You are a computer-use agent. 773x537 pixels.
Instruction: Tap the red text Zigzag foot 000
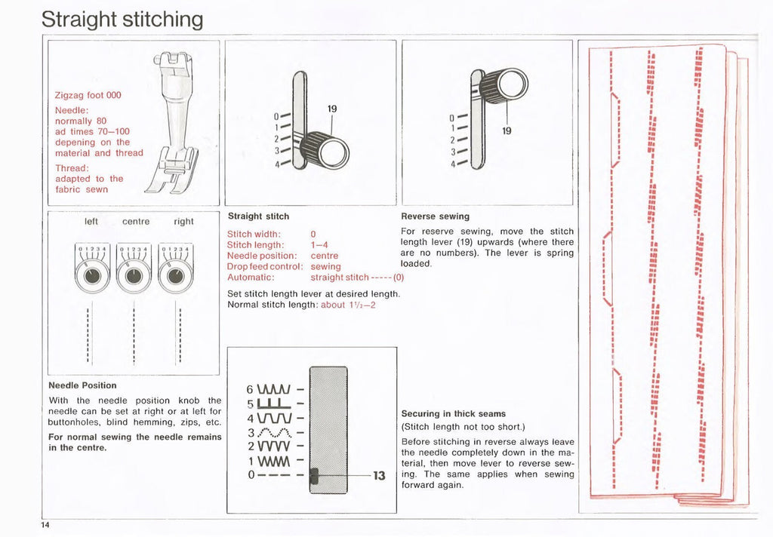click(x=88, y=96)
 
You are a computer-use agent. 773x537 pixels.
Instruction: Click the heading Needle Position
click(x=82, y=385)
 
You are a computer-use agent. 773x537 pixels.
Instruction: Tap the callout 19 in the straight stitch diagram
click(x=331, y=109)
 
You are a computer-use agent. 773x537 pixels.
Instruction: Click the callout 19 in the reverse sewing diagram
click(x=507, y=130)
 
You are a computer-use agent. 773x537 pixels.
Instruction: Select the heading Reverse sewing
click(x=435, y=216)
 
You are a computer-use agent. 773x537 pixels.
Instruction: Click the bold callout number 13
click(x=379, y=476)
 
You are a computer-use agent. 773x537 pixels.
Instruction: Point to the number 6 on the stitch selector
click(x=251, y=390)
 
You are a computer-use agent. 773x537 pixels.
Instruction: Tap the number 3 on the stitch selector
click(x=251, y=432)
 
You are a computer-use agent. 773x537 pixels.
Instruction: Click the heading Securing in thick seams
click(x=453, y=414)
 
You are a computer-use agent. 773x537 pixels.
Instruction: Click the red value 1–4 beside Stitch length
click(x=319, y=244)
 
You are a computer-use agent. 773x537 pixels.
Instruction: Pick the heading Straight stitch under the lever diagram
click(x=258, y=216)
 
